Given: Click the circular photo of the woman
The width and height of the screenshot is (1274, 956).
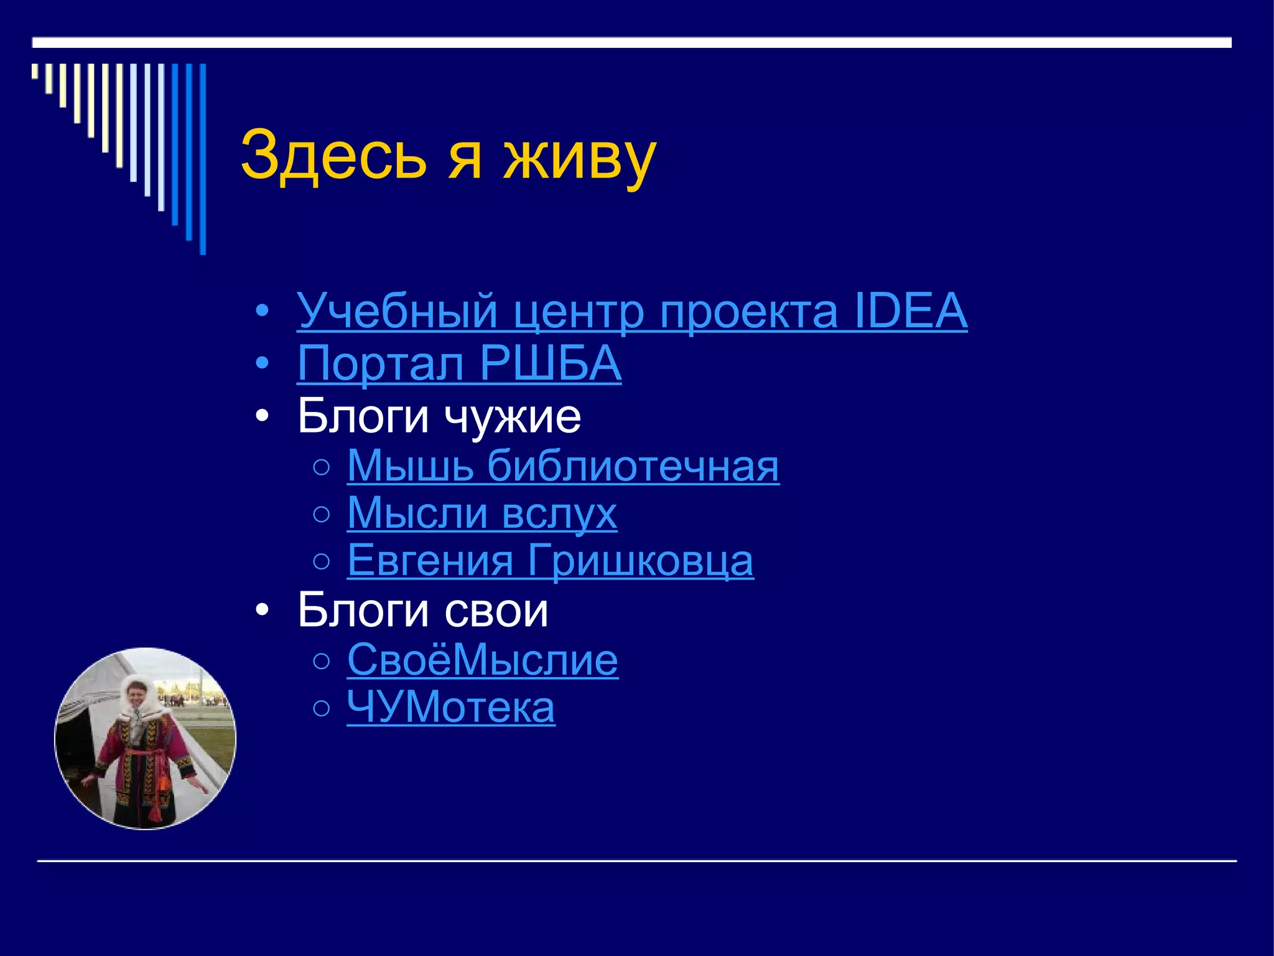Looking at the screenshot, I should click(146, 739).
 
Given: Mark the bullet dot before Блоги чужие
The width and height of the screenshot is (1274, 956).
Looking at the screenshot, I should click(263, 416).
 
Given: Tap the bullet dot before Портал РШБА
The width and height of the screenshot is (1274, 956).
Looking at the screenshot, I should click(263, 363).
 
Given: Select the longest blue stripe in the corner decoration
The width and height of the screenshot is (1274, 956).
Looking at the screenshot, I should click(203, 159).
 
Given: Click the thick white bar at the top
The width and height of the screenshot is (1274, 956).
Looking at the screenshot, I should click(631, 42).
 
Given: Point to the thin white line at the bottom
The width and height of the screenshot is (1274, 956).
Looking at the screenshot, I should click(637, 861).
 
